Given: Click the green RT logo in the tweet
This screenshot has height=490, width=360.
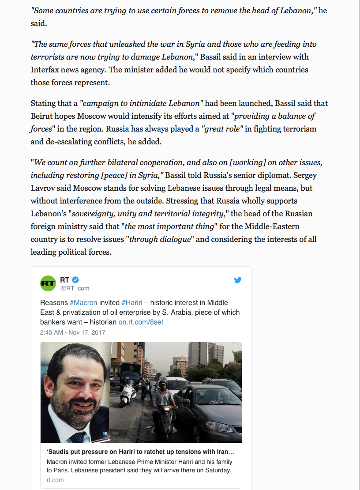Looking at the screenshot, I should [48, 283].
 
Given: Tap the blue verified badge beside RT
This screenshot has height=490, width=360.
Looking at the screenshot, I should [75, 279].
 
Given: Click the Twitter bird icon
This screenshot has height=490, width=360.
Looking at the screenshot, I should [238, 280].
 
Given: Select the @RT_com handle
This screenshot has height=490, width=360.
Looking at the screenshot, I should [75, 288].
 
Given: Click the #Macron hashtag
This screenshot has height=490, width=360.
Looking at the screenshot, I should [83, 302].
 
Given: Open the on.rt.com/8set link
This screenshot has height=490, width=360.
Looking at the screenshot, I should [141, 322].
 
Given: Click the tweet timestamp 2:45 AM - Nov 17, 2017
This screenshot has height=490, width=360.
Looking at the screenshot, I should [72, 332].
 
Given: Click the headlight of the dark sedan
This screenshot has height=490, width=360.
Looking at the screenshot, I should [213, 426].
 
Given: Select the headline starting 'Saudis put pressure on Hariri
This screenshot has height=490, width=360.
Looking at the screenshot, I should [140, 452].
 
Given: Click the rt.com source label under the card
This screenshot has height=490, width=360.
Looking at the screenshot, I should [55, 480].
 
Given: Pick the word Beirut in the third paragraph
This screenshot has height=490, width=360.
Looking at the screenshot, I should [43, 116].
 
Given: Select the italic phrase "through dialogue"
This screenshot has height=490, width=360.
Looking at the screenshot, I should [161, 240].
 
